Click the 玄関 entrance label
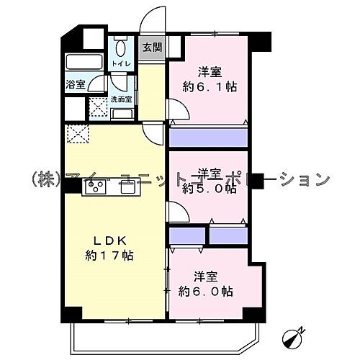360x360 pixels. [x=151, y=48]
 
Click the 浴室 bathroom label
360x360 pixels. [x=76, y=84]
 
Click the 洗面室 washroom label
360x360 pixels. [x=120, y=100]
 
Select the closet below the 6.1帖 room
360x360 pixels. [x=208, y=137]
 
